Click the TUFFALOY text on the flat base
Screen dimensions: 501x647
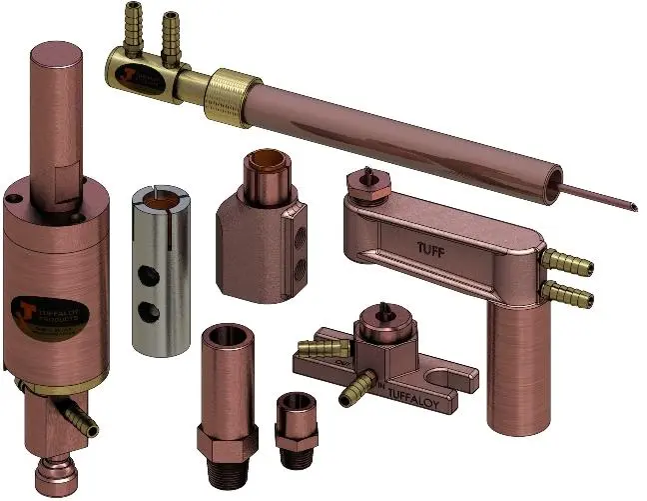[x=414, y=380]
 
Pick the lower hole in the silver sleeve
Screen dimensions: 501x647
[x=152, y=308]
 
